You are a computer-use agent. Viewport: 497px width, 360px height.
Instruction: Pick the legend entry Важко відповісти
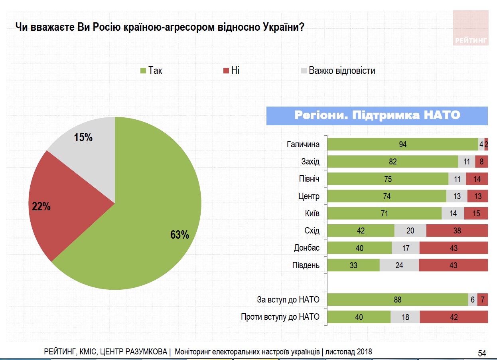click(x=337, y=71)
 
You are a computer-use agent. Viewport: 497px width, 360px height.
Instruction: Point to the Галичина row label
click(x=303, y=144)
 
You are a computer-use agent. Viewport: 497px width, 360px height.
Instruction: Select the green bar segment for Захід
click(x=392, y=162)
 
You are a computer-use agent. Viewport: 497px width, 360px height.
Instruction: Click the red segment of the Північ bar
click(x=477, y=179)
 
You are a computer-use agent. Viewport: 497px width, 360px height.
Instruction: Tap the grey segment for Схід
click(x=410, y=231)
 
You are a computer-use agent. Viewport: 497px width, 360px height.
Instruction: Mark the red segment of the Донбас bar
click(x=454, y=248)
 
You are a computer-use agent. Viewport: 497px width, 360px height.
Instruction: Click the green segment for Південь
click(x=353, y=265)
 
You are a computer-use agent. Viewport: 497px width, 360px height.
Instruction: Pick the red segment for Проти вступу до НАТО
click(x=454, y=317)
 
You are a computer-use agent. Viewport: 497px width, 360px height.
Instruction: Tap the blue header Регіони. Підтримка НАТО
click(x=377, y=116)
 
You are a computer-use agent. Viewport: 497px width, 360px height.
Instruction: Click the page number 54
click(x=482, y=353)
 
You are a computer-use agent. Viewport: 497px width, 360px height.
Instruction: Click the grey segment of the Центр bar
click(x=456, y=196)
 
